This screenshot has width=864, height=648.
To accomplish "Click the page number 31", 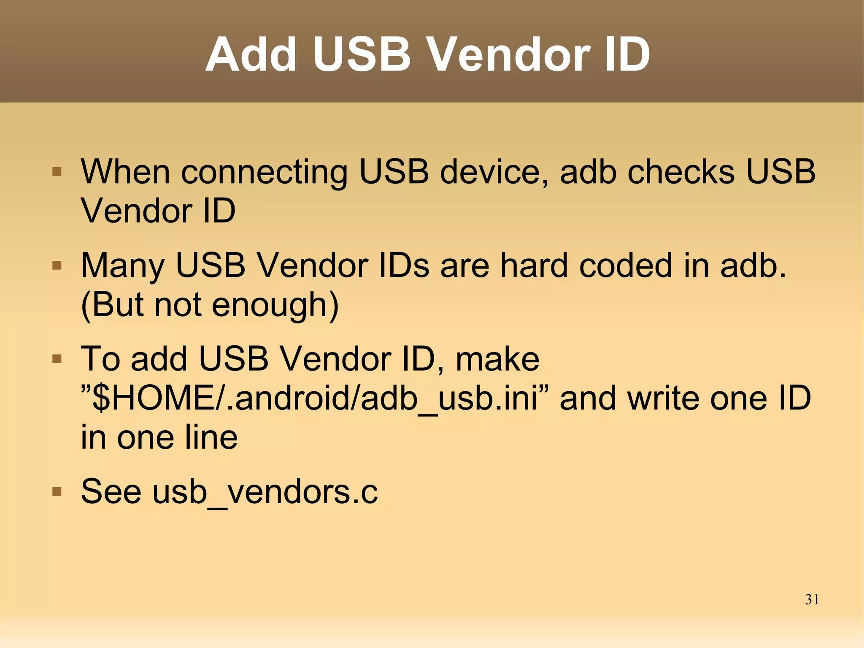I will (x=812, y=599).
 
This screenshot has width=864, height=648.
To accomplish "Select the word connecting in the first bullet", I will (x=265, y=173).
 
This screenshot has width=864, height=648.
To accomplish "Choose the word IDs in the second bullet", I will (x=404, y=265).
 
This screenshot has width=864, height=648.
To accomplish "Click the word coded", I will (x=626, y=265).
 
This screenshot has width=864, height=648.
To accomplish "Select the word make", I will (x=497, y=359).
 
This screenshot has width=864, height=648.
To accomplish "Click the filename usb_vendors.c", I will (x=265, y=492).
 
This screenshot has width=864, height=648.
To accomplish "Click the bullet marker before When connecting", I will (x=57, y=172).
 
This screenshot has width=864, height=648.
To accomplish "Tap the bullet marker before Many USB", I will (x=57, y=266).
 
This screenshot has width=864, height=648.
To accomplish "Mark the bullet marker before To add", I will (x=57, y=359).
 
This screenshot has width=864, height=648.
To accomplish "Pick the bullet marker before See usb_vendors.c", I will (x=57, y=491).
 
